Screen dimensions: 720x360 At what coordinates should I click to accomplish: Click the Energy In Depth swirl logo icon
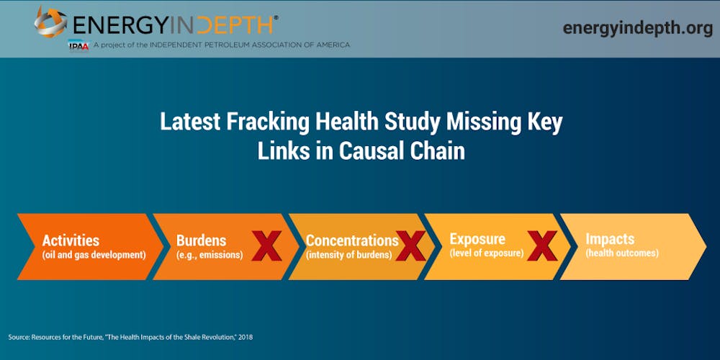point(50,22)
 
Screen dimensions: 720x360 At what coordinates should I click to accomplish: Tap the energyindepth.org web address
point(638,28)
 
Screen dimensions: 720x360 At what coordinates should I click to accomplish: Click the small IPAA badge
point(78,45)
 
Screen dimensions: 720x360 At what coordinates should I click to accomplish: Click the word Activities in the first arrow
point(71,240)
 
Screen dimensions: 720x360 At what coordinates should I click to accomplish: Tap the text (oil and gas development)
point(94,255)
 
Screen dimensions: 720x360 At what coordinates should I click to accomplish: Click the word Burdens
point(201,240)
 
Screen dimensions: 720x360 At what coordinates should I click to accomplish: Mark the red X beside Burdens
point(267,246)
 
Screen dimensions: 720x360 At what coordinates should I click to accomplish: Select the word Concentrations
point(352,240)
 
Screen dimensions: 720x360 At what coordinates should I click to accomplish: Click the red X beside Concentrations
point(410,246)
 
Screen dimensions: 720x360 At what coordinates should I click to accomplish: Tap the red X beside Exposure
point(542,246)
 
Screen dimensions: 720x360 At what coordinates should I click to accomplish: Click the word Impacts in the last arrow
point(610,239)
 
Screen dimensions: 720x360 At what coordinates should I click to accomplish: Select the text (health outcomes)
point(622,253)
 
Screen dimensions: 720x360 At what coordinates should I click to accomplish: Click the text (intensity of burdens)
point(349,255)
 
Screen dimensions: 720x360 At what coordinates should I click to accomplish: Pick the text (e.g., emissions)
point(210,255)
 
